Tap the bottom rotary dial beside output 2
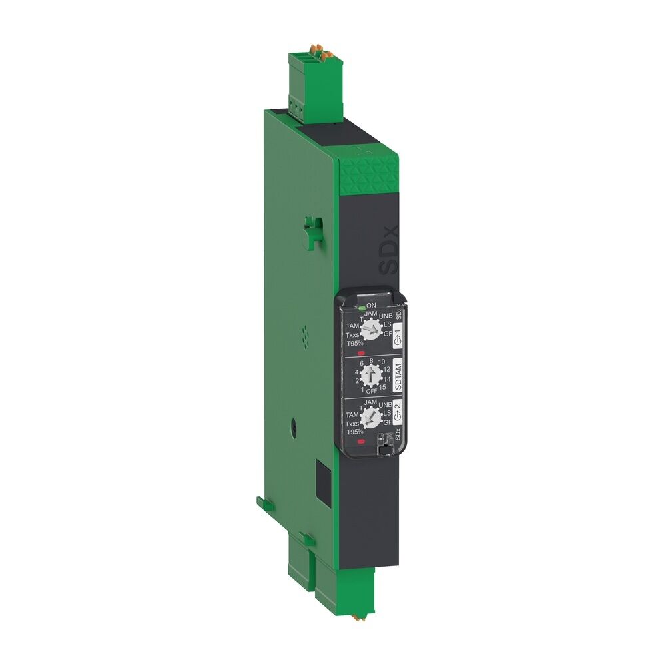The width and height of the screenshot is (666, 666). [x=368, y=418]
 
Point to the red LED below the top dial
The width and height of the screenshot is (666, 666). [x=362, y=353]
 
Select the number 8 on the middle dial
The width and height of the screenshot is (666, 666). [x=372, y=360]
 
